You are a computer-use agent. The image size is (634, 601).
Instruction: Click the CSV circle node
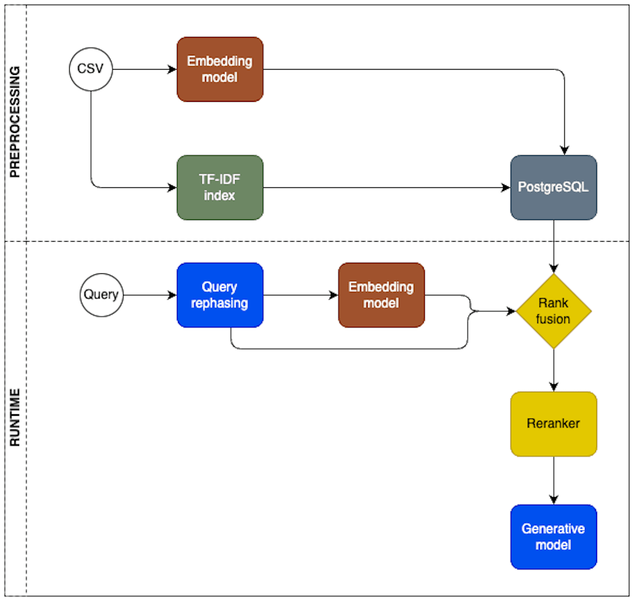point(91,69)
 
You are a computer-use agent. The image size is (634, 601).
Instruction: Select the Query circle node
point(101,295)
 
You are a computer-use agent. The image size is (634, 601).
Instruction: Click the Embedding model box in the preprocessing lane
point(220,69)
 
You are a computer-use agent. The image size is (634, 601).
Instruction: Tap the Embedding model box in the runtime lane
point(381,295)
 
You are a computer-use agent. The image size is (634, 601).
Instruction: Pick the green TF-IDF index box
point(220,187)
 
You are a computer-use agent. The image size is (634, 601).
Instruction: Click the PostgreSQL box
point(554,187)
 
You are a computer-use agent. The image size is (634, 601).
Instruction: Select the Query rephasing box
point(220,295)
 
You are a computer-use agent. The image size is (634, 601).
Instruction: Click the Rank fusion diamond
point(554,311)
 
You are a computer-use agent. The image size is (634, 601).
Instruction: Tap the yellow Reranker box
point(554,424)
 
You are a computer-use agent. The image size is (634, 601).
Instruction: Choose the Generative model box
point(554,537)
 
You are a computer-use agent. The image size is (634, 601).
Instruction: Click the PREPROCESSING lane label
point(15,121)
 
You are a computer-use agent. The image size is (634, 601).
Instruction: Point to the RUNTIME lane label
point(15,417)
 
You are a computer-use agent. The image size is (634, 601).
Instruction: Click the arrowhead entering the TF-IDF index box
point(172,187)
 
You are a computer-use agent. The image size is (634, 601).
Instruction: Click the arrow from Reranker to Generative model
point(554,480)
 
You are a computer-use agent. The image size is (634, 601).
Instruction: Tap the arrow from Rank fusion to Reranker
point(554,369)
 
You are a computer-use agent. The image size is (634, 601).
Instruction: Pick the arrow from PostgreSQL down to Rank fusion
point(554,245)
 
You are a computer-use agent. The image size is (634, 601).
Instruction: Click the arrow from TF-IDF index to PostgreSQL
point(386,187)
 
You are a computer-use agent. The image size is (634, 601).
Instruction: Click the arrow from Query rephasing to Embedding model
point(300,295)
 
